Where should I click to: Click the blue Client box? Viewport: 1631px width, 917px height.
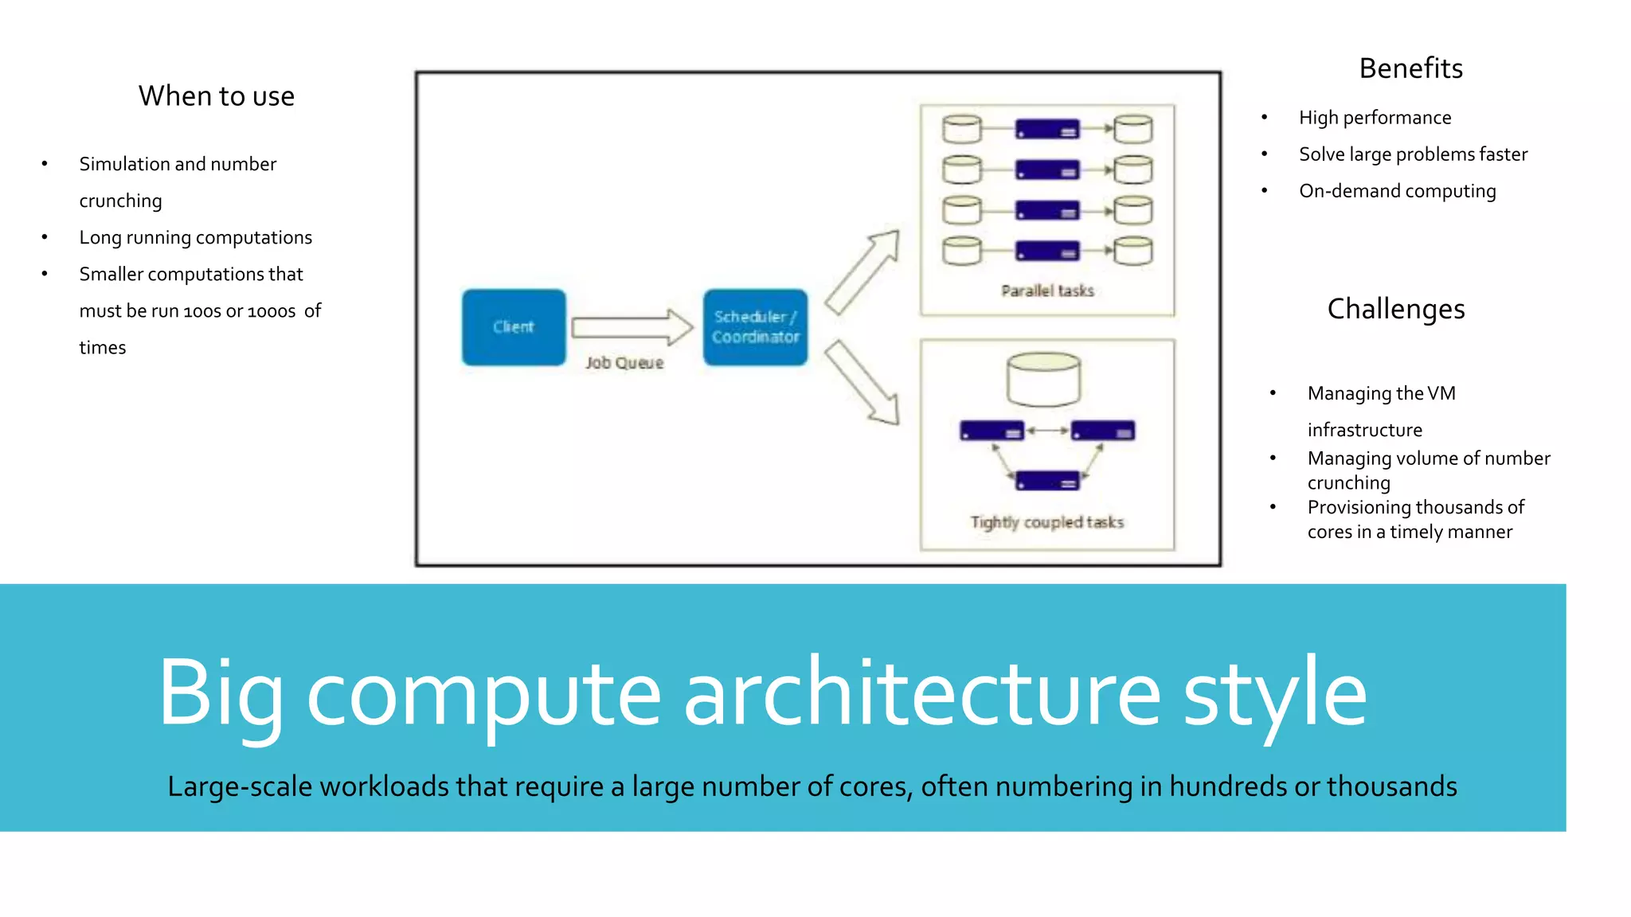(x=514, y=327)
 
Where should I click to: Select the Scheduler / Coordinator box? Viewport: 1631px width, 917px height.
(x=755, y=327)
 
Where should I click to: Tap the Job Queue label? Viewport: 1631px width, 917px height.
(x=624, y=363)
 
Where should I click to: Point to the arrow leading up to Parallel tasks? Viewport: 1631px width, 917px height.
(x=862, y=271)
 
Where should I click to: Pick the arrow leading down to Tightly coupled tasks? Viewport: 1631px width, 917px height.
(x=862, y=383)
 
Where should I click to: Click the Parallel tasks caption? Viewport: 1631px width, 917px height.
(x=1047, y=291)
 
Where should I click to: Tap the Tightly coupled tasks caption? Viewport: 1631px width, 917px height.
(x=1046, y=522)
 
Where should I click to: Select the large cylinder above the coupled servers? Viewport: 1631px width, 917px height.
(x=1043, y=380)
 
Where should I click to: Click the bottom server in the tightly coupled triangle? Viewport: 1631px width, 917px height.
(x=1047, y=481)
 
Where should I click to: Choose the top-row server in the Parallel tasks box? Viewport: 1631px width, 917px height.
(x=1047, y=129)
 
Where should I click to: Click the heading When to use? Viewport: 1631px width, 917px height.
(x=217, y=96)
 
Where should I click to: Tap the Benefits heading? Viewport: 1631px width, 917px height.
(x=1410, y=68)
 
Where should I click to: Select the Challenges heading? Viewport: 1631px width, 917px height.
(x=1395, y=309)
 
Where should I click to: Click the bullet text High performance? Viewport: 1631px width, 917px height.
(x=1375, y=118)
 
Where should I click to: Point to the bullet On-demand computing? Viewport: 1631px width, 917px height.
(x=1397, y=191)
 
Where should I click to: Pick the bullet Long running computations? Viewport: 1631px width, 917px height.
(x=195, y=237)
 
